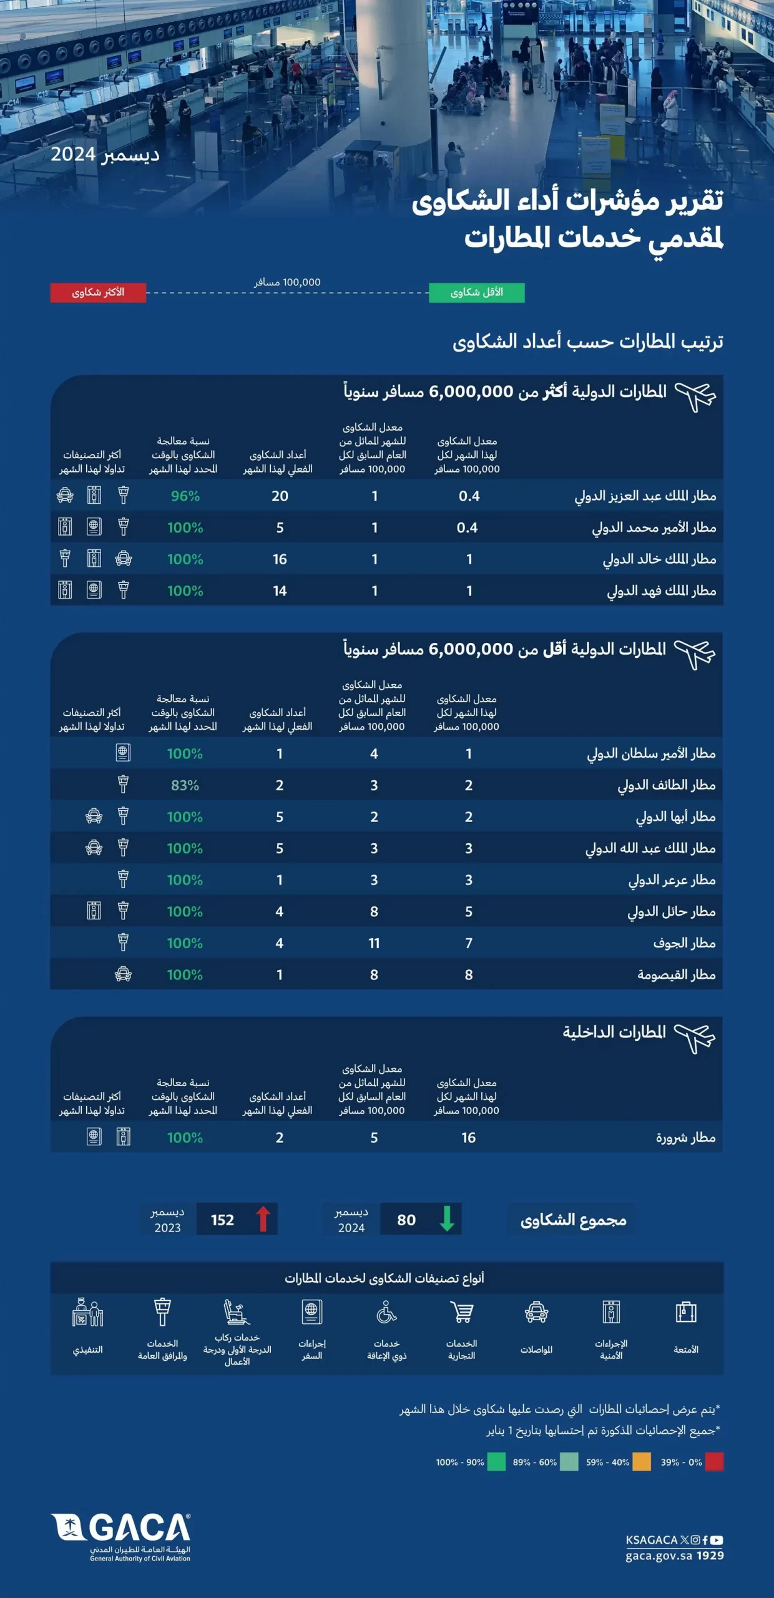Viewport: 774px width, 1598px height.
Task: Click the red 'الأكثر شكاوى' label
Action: coord(98,292)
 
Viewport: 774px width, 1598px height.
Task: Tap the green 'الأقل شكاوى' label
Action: coord(476,292)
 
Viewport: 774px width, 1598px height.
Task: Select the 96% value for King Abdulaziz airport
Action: coord(185,496)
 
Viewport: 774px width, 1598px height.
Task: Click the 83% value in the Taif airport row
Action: coord(185,785)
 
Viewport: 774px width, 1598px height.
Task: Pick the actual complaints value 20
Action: coord(280,496)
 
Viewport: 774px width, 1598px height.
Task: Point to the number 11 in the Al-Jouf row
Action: coord(374,943)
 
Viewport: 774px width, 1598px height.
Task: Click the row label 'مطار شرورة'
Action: coord(685,1138)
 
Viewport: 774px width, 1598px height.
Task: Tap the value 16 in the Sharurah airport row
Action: coord(468,1138)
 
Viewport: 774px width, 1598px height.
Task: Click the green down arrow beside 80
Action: coord(447,1218)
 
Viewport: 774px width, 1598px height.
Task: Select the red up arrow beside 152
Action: coord(263,1218)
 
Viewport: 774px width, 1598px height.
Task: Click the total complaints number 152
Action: coord(222,1220)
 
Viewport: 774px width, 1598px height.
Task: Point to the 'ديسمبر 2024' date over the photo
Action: coord(105,154)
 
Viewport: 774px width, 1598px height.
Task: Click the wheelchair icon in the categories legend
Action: coord(386,1312)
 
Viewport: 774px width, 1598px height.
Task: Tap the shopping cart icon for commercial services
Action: coord(462,1312)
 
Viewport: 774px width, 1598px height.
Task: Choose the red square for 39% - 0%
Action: coord(714,1462)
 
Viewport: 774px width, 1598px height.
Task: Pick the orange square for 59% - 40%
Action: coord(641,1462)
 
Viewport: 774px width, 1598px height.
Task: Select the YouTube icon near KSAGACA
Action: coord(717,1540)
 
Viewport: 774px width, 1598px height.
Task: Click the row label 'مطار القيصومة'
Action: coord(676,975)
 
